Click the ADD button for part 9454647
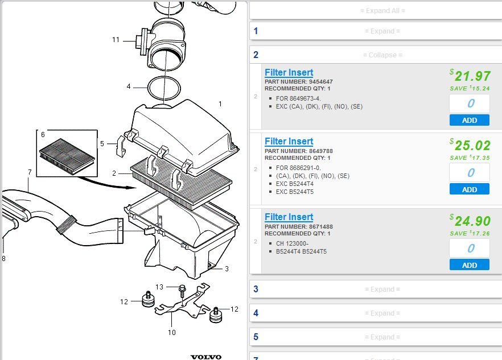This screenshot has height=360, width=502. [x=469, y=120]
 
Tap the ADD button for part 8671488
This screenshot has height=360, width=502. [x=469, y=265]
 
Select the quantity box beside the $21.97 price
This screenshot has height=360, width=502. [x=469, y=104]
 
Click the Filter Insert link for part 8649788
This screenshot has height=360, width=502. [x=289, y=141]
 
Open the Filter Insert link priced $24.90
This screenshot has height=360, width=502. [x=289, y=217]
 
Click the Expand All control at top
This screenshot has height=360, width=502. [x=382, y=11]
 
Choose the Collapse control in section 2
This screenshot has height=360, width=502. [x=382, y=55]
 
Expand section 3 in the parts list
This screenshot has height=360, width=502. [x=382, y=289]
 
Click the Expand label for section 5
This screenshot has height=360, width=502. [x=382, y=337]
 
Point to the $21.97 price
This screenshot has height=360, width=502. [x=470, y=76]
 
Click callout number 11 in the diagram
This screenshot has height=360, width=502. [x=116, y=40]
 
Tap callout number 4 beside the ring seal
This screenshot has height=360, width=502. [x=129, y=86]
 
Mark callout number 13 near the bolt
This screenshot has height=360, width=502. [x=159, y=287]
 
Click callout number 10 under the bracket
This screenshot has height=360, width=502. [x=172, y=332]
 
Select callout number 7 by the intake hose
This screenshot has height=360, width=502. [x=30, y=172]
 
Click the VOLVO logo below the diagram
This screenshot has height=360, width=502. [x=205, y=357]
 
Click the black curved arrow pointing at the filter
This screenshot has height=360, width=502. [x=105, y=183]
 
